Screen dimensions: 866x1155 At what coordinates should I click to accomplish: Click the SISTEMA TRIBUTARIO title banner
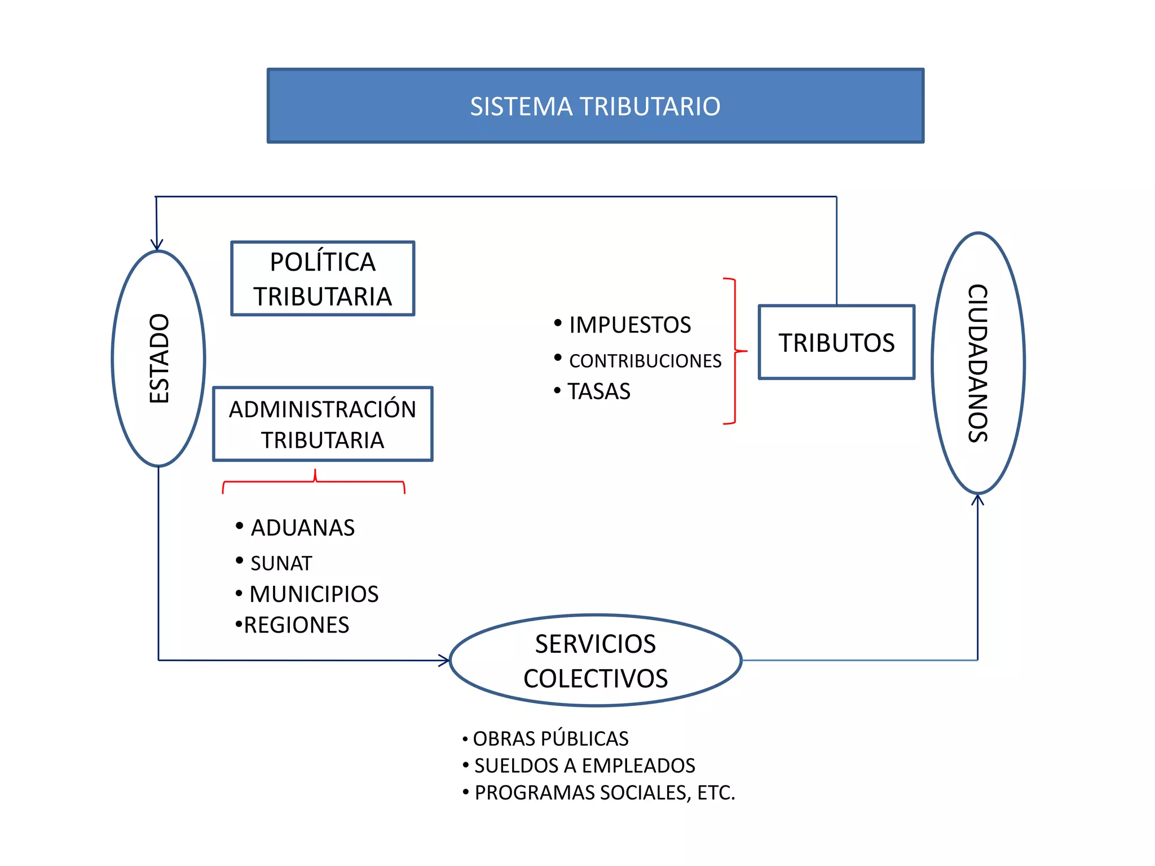tap(595, 106)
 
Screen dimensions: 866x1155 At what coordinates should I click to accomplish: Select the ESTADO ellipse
tap(158, 359)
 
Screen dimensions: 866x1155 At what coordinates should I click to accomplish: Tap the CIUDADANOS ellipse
tap(978, 363)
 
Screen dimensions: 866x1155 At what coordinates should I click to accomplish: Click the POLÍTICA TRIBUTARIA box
tap(323, 279)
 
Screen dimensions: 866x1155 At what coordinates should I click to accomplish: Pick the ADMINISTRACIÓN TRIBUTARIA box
tap(323, 424)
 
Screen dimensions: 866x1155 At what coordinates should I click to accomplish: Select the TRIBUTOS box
tap(836, 342)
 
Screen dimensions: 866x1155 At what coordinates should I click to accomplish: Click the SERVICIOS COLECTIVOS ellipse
tap(596, 660)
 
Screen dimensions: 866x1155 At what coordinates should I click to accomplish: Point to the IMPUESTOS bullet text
tap(629, 325)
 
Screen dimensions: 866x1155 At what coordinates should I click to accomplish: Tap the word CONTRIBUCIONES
tap(645, 361)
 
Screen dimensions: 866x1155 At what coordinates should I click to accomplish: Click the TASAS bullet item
tap(598, 391)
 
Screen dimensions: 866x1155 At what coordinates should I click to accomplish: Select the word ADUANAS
tap(302, 528)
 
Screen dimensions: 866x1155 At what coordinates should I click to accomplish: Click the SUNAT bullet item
tap(281, 563)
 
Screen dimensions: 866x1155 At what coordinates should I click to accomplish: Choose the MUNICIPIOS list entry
tap(314, 594)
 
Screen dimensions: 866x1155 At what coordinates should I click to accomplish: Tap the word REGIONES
tap(296, 625)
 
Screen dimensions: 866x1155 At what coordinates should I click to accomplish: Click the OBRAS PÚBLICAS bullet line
tap(550, 739)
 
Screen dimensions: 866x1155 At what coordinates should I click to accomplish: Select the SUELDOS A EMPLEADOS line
tap(584, 766)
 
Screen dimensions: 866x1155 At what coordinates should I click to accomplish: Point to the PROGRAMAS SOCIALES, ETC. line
tap(604, 793)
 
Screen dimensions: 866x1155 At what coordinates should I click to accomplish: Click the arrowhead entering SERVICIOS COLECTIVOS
tap(444, 660)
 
